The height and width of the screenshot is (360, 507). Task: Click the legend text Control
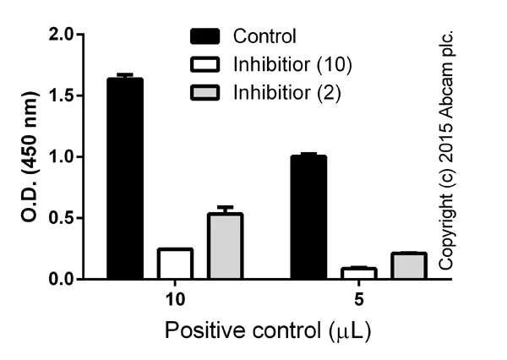pyautogui.click(x=264, y=36)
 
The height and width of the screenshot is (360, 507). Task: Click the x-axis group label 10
pyautogui.click(x=175, y=299)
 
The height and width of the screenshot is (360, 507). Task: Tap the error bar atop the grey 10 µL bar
pyautogui.click(x=225, y=208)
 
